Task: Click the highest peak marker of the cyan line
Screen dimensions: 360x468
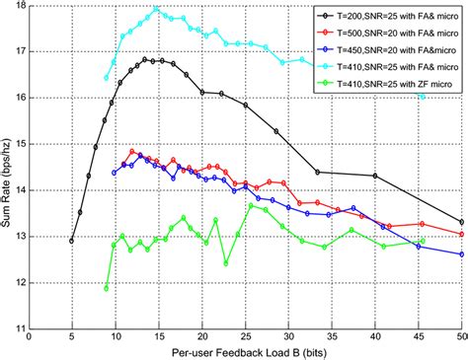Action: pyautogui.click(x=156, y=9)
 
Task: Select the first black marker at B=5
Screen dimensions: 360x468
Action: pyautogui.click(x=72, y=240)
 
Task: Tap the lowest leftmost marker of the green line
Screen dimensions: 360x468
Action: pyautogui.click(x=107, y=288)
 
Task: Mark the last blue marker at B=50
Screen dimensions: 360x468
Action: pyautogui.click(x=461, y=253)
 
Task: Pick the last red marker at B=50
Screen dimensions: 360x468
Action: pyautogui.click(x=461, y=234)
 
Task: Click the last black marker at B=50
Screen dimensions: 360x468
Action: pyautogui.click(x=461, y=222)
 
